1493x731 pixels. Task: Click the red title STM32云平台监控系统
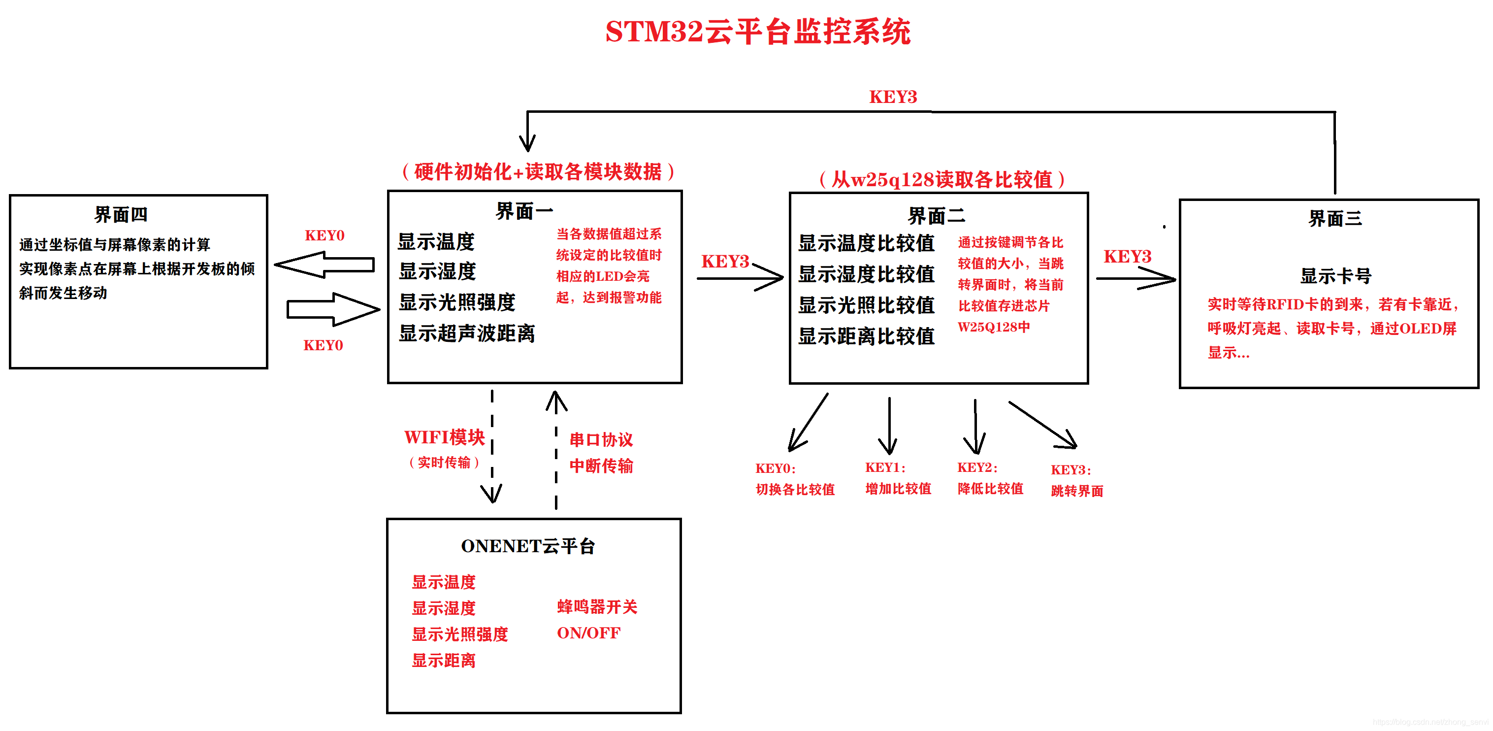[757, 32]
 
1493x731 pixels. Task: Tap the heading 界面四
[121, 214]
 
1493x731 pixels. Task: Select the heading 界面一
[524, 211]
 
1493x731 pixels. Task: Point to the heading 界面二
[936, 216]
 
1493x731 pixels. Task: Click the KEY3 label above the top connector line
[893, 97]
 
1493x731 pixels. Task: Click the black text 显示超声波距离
[467, 333]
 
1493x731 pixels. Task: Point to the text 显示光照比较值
[866, 305]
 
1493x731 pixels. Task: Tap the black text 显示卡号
[1335, 276]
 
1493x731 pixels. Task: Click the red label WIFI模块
[444, 437]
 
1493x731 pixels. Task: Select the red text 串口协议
[601, 439]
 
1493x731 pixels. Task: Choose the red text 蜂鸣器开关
[597, 606]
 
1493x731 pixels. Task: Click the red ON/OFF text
[588, 632]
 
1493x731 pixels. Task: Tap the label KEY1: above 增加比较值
[885, 467]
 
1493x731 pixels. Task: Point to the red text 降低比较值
[990, 489]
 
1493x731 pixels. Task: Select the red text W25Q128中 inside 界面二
[993, 327]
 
